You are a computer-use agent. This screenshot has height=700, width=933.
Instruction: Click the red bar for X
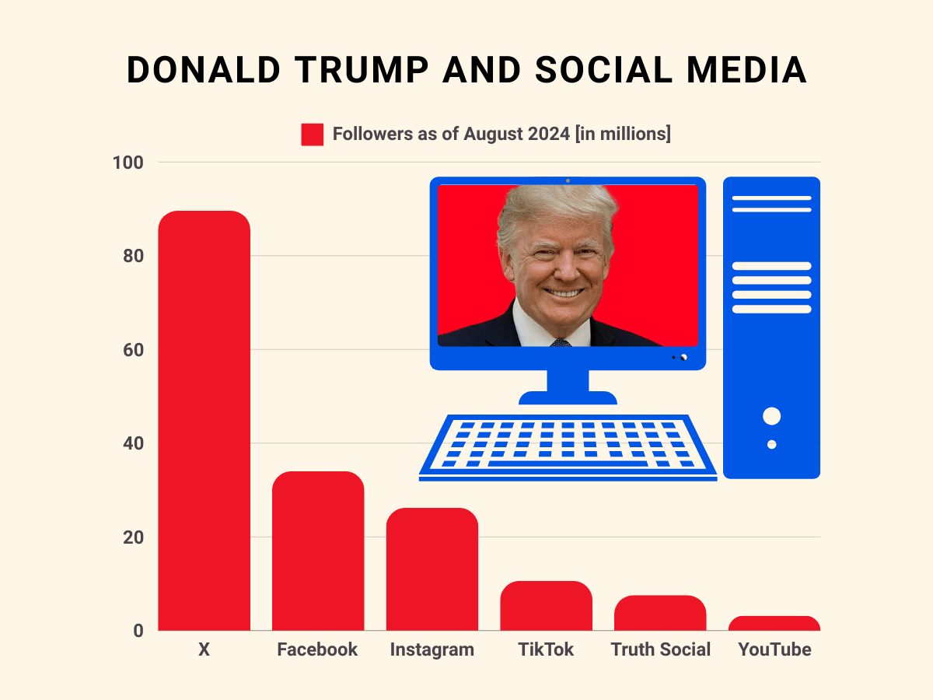click(x=204, y=420)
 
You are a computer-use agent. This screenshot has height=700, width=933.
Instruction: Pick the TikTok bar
click(x=546, y=606)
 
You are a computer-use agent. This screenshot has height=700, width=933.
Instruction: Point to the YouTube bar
click(x=774, y=623)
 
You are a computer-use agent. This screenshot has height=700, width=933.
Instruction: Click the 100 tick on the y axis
click(x=128, y=163)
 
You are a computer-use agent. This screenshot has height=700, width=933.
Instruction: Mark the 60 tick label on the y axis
click(x=132, y=350)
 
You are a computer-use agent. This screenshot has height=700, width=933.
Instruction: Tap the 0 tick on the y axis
click(x=138, y=631)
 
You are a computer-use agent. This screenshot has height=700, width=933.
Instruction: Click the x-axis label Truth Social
click(x=660, y=649)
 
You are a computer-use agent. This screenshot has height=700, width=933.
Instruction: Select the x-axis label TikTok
click(x=546, y=649)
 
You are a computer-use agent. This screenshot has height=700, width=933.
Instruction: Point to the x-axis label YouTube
click(x=774, y=649)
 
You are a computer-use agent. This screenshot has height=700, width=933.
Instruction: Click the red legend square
click(x=312, y=135)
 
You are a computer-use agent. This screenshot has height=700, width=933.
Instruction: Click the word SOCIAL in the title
click(x=596, y=71)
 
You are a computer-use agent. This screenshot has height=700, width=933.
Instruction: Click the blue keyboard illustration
click(x=568, y=447)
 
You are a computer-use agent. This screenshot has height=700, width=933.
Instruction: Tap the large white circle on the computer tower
click(x=771, y=416)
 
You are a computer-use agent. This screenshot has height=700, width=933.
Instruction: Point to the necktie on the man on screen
click(x=561, y=342)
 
